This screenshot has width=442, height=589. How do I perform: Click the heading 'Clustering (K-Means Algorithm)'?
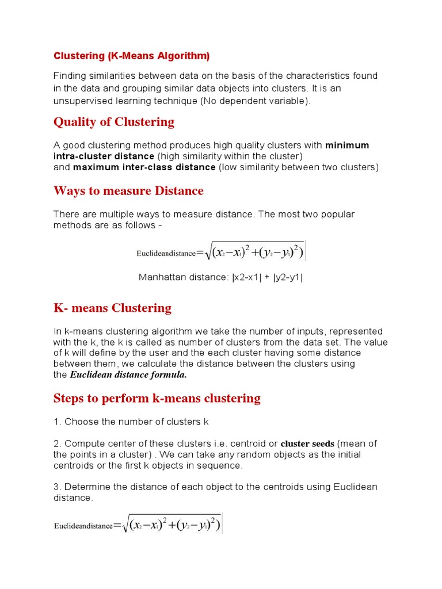tap(132, 56)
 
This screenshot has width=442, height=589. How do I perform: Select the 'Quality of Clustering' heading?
tap(113, 122)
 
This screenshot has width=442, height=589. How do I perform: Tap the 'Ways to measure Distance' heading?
tap(128, 190)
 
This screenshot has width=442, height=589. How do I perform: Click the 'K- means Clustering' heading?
tap(112, 308)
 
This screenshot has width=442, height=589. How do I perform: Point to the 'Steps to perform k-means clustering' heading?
tap(157, 398)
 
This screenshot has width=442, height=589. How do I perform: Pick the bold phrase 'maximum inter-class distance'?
tap(144, 167)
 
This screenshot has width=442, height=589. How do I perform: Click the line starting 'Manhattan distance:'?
tap(220, 277)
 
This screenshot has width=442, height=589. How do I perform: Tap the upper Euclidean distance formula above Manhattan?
tap(220, 251)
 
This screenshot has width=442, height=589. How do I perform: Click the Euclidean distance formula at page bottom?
tap(138, 525)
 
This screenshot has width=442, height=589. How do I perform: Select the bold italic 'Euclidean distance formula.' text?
tap(128, 375)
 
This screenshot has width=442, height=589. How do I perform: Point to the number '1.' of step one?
tap(58, 422)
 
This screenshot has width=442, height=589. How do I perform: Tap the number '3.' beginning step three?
tap(58, 487)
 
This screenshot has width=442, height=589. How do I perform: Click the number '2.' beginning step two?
tap(58, 443)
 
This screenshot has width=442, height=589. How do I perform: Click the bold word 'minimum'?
tap(347, 145)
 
